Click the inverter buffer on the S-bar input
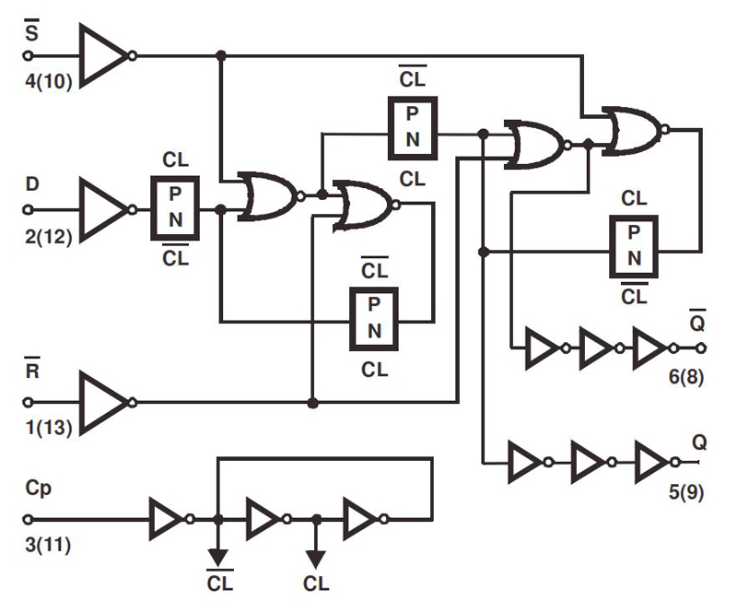[x=104, y=55]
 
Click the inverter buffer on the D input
[x=104, y=209]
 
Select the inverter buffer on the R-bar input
[x=104, y=402]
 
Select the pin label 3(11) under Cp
[x=49, y=545]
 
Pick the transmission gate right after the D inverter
[x=174, y=209]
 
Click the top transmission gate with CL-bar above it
[x=412, y=127]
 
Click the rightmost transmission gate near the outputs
[x=633, y=246]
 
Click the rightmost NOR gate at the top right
[x=634, y=130]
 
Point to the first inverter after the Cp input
[x=169, y=520]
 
